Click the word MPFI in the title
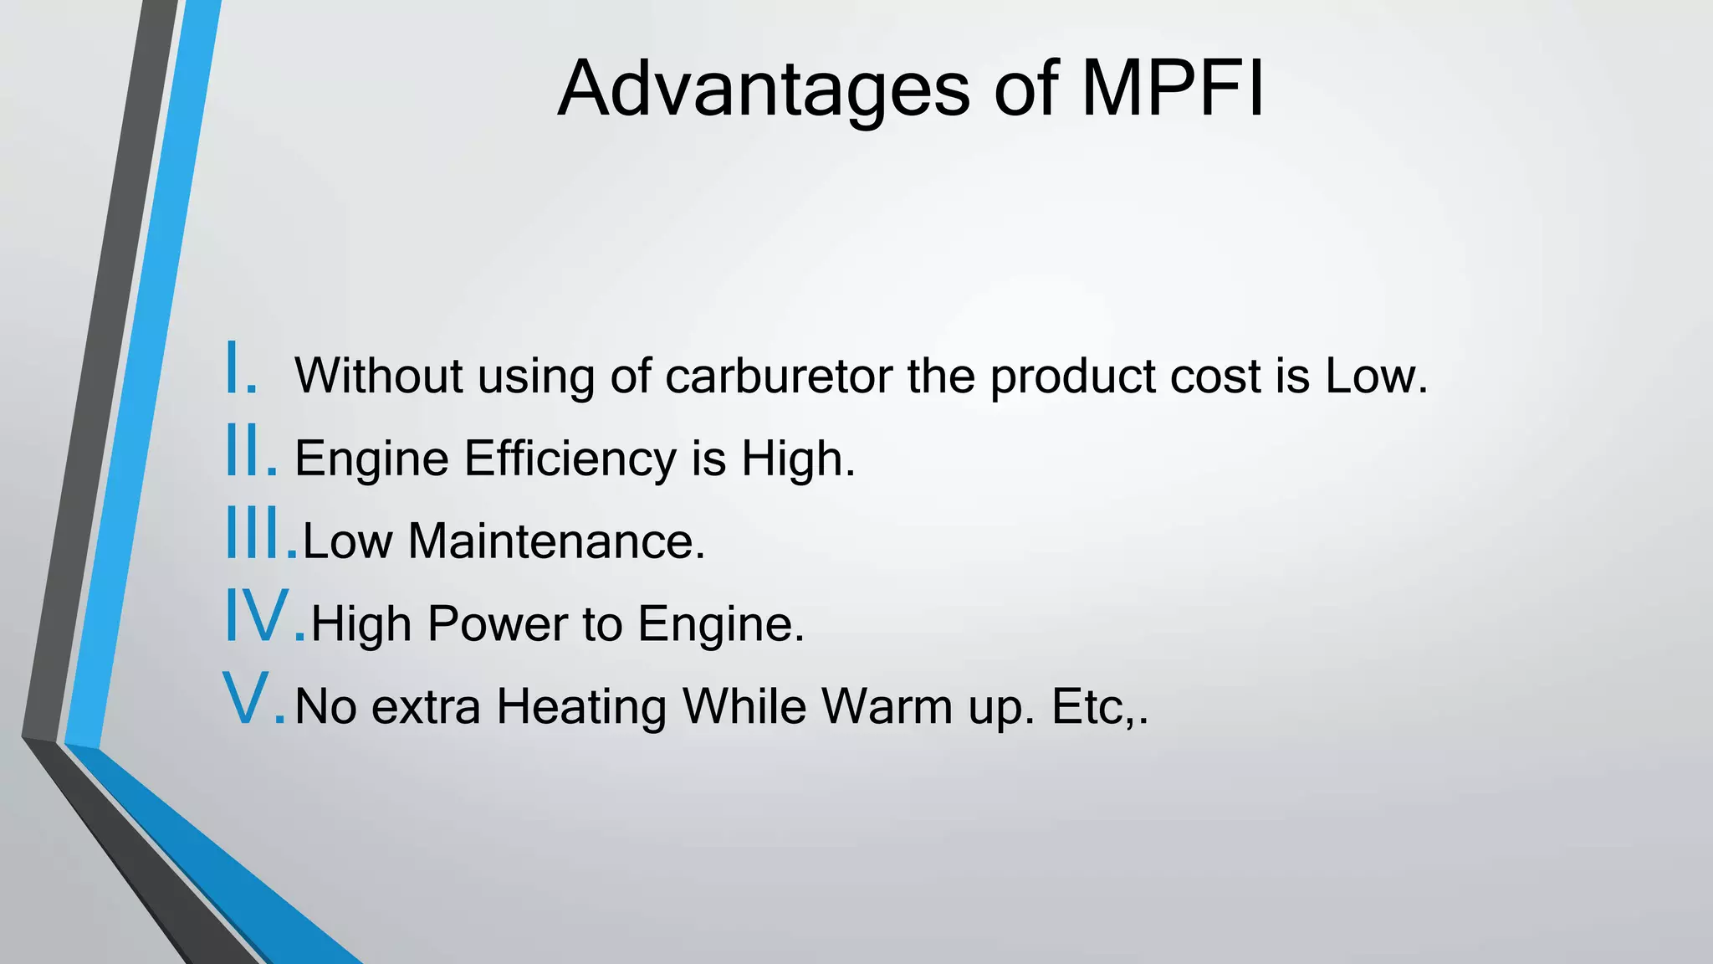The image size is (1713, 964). click(x=1173, y=89)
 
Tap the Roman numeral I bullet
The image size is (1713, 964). click(x=241, y=368)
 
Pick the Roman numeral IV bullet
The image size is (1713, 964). click(x=264, y=617)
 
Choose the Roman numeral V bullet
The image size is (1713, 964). click(x=253, y=699)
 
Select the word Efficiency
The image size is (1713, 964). click(x=570, y=459)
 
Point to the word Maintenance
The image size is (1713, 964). click(x=556, y=541)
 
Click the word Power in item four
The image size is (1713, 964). click(x=497, y=623)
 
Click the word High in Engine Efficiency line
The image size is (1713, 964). click(x=798, y=459)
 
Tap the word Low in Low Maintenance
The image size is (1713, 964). click(x=347, y=541)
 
